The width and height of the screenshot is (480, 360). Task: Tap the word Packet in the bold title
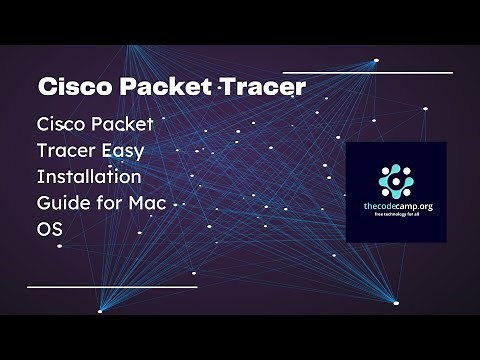coord(158,87)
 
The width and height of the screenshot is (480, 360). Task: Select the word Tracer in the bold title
coord(259,87)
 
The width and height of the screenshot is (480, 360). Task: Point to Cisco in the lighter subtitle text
coord(62,126)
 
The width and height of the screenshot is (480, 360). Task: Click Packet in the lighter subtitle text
coord(129,126)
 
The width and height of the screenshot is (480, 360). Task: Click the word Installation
coord(88,176)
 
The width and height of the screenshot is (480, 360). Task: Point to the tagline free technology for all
coord(396,213)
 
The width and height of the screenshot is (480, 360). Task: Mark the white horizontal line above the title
coord(367,72)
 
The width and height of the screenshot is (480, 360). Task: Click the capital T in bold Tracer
coord(219,87)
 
